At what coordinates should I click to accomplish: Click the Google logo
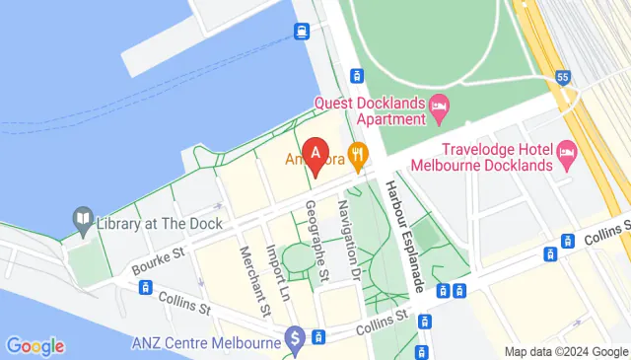35,346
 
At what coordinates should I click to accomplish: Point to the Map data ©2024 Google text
566,352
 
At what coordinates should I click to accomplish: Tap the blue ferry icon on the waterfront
300,32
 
